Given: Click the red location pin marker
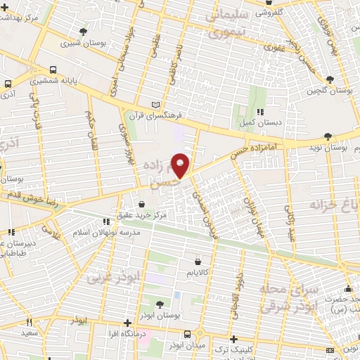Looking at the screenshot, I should (181, 165).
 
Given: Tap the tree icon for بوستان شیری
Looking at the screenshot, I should (83, 32).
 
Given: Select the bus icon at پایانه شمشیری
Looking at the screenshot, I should (53, 79).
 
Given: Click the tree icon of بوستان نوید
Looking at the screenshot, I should (328, 137).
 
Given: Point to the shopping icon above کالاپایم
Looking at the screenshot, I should (198, 260).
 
